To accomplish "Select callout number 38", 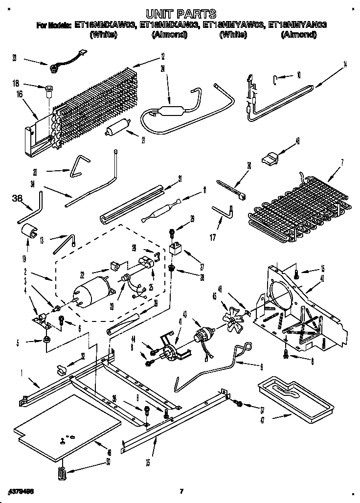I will (17, 198).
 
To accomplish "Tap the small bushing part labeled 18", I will (48, 89).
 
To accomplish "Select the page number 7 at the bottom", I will (181, 491).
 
